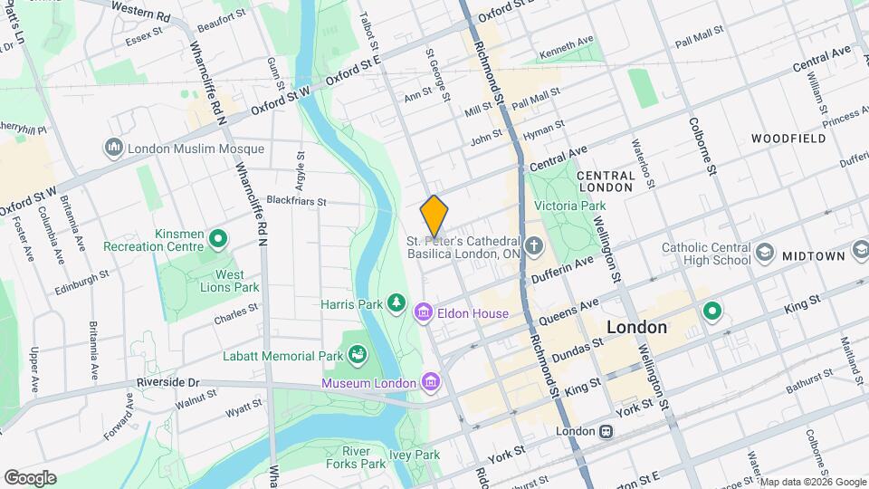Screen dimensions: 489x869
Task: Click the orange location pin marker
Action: [434, 216]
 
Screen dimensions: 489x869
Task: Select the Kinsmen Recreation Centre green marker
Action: [218, 239]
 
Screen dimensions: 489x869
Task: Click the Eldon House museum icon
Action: [423, 313]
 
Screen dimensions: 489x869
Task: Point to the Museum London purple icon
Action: [430, 381]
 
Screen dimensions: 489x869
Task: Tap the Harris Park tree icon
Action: [396, 302]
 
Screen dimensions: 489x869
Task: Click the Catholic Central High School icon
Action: [765, 253]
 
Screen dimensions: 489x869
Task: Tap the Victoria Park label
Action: [569, 206]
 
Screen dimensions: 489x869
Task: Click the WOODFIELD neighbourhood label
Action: [788, 139]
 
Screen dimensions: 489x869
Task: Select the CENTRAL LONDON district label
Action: [604, 180]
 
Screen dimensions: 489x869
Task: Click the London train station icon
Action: [606, 432]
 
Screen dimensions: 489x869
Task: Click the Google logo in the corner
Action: [30, 477]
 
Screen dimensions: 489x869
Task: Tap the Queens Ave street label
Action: [570, 314]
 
